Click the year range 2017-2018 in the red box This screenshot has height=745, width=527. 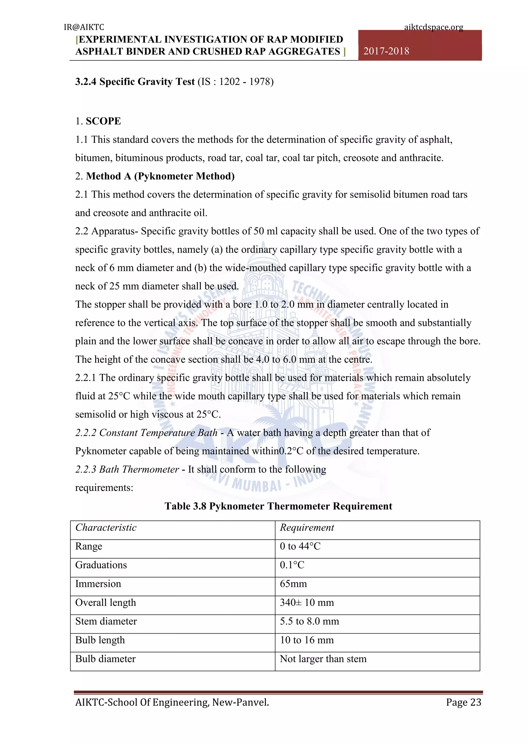tap(386, 51)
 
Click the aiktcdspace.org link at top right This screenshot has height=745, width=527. tap(433, 27)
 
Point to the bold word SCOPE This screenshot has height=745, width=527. tap(103, 121)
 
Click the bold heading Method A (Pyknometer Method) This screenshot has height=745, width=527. tap(160, 176)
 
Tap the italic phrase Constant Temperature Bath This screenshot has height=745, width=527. tap(146, 433)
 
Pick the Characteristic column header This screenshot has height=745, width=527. tap(106, 528)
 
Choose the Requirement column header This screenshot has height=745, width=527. tap(307, 528)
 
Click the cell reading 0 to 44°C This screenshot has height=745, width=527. tap(300, 546)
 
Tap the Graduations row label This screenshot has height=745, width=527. tap(101, 565)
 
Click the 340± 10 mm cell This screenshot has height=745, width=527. tap(307, 602)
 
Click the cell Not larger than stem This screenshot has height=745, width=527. tap(323, 659)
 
